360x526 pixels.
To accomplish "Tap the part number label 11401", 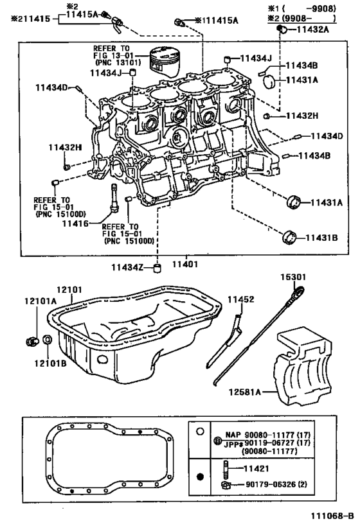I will coord(184,264).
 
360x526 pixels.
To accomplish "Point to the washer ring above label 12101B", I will coord(48,339).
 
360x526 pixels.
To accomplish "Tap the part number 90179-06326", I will coord(270,484).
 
